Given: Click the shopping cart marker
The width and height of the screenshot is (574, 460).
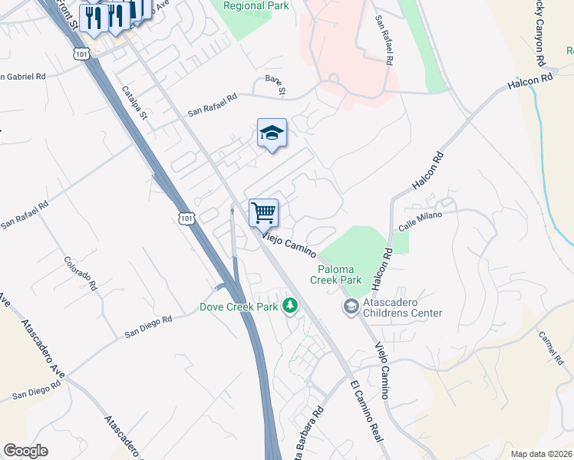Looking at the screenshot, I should coord(263,212).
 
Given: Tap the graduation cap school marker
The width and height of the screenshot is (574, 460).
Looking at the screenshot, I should coord(272,133).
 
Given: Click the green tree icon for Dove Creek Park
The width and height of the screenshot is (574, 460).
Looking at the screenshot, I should coord(290,306).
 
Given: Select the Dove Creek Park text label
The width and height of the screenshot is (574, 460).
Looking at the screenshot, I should coord(238,307).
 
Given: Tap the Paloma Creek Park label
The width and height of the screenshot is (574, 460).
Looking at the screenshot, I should coord(336,274).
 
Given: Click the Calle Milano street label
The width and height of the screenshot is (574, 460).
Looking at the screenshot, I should coord(421,219).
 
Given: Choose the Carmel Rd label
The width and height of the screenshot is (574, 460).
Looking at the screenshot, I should coord(551,346).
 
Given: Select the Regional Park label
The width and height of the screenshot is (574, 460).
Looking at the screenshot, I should coord(256,5).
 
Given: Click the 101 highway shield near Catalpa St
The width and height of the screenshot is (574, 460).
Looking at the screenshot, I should coord(83,53).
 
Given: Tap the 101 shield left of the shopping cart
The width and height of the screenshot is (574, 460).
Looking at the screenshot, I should coord(186,219).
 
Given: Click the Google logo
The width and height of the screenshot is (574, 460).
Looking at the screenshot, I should coord(25,451).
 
